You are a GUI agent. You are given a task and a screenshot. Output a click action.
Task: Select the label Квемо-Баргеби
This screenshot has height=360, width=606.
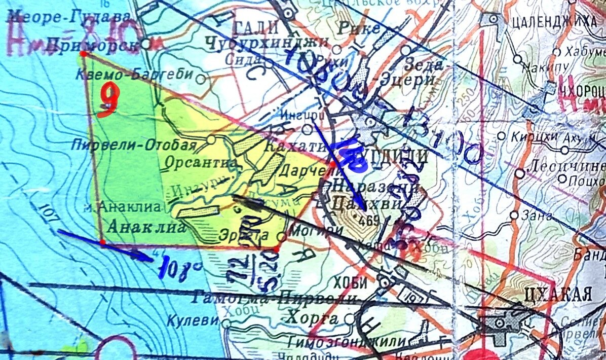pyautogui.click(x=134, y=75)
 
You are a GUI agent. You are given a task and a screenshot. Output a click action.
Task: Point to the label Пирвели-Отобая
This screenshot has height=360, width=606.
pyautogui.click(x=134, y=145)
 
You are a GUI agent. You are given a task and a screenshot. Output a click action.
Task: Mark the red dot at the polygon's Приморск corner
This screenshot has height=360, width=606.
pyautogui.click(x=83, y=53)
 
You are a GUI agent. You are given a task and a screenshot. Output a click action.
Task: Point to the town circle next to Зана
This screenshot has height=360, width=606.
pyautogui.click(x=514, y=215)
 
